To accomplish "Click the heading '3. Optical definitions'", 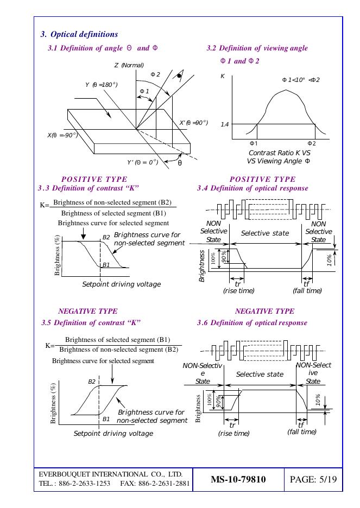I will point(79,34).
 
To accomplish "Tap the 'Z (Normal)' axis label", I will point(129,65).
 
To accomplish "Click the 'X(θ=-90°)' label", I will point(62,135).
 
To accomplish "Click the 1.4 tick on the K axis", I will point(224,124).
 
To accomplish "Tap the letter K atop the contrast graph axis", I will point(222,77).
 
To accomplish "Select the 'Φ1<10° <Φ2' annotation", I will point(300,80).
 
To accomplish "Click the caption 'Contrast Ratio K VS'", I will point(279,153).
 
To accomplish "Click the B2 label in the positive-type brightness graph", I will point(106,237).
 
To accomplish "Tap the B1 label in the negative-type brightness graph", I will point(106,419).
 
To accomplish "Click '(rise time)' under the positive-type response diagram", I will point(238,291).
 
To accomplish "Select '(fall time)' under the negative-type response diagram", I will point(301,431).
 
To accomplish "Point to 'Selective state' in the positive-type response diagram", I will point(265,233).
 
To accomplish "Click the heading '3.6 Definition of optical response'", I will point(252,322).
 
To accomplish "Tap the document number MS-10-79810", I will point(238,480).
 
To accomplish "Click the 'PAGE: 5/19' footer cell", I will point(314,480).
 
